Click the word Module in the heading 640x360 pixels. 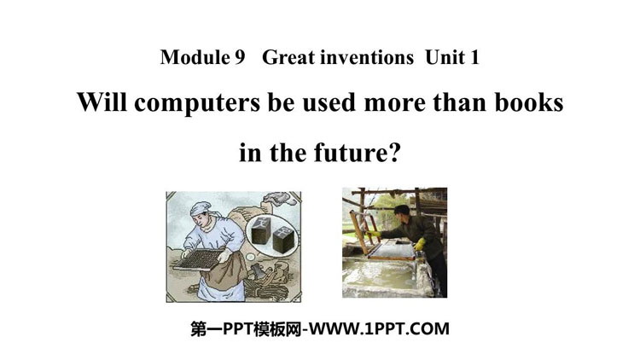195,57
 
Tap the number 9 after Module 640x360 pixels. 240,57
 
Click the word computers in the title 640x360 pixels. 197,103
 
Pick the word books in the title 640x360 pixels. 529,102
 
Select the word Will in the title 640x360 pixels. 102,102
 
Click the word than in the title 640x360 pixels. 459,102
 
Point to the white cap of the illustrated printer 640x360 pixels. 201,208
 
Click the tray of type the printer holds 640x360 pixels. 198,260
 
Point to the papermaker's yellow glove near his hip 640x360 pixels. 419,244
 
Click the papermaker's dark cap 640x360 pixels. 402,209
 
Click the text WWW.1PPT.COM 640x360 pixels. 379,328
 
